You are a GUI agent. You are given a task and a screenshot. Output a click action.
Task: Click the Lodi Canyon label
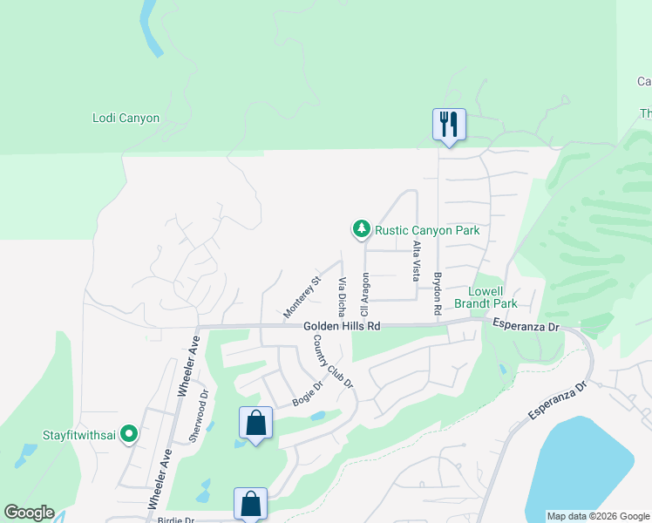(126, 118)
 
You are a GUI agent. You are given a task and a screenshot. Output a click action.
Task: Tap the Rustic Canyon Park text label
(427, 231)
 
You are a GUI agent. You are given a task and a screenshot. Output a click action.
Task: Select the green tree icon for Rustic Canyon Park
(361, 229)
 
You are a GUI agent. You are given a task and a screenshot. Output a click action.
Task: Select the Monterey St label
(302, 296)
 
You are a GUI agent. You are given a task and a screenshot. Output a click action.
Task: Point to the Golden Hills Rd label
(343, 326)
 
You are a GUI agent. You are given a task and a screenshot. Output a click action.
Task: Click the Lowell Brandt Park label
(492, 297)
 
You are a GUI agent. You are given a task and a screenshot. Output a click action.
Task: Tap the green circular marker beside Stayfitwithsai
(129, 432)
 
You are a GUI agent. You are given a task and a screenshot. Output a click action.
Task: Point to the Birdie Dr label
(178, 520)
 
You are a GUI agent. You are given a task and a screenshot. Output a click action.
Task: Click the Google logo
(29, 513)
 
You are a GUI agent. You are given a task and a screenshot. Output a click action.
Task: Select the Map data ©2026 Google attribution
(598, 516)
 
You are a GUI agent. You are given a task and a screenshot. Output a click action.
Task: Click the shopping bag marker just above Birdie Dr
(250, 503)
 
